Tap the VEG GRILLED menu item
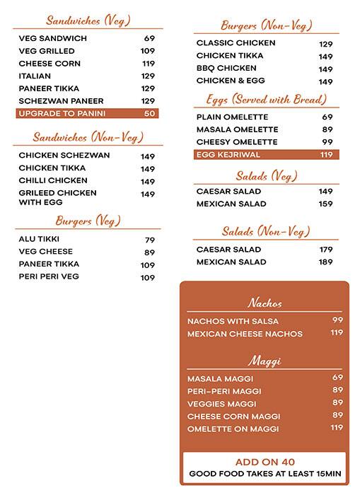tap(47, 51)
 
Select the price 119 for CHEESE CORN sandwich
tap(148, 64)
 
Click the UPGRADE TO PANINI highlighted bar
tap(87, 113)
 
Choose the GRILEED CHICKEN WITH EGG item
tap(57, 197)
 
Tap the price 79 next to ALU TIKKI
tap(150, 240)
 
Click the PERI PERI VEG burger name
tap(50, 277)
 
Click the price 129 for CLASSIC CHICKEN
tap(325, 44)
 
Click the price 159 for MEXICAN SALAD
tap(325, 204)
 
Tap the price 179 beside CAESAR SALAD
tap(325, 250)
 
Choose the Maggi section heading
tap(265, 361)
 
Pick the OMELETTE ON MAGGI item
tap(233, 429)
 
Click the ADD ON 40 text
tap(265, 462)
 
